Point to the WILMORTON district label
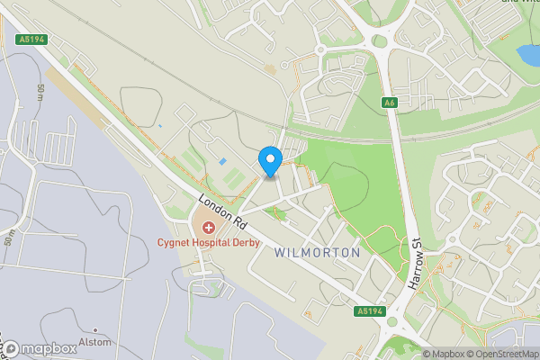[x=318, y=253]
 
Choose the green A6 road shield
[x=389, y=102]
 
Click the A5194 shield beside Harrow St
[x=369, y=310]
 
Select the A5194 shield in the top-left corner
[x=31, y=40]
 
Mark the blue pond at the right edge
[x=528, y=55]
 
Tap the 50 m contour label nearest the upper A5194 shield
[x=41, y=92]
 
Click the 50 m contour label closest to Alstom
[x=8, y=239]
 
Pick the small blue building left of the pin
[x=222, y=161]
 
